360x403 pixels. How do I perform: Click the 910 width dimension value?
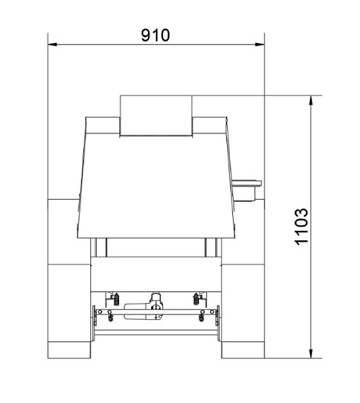point(156,35)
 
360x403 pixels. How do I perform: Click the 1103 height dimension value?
point(301,227)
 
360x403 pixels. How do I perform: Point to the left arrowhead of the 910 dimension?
point(52,45)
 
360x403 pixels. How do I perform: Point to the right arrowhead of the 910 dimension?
point(260,45)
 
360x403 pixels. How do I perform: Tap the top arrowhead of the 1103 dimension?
point(311,100)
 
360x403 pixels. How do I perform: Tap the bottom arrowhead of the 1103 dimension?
point(311,354)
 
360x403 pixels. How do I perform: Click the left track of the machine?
point(69,279)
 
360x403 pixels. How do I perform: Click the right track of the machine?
point(243,279)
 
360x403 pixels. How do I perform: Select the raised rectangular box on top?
point(156,116)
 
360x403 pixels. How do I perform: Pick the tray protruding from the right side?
point(247,190)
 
